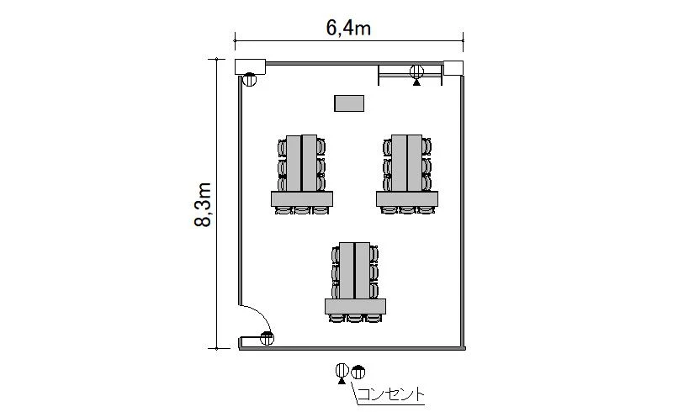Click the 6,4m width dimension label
pos(348,29)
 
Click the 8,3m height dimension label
pos(203,204)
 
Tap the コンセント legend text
pos(390,394)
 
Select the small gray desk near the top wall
pos(349,103)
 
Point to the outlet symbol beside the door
pos(267,339)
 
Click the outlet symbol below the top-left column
pos(249,79)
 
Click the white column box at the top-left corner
pos(250,66)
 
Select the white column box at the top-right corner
pos(453,68)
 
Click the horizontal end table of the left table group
pos(302,198)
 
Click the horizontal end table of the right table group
pos(407,198)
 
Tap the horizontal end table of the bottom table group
pos(355,306)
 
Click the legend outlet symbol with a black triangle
pos(342,373)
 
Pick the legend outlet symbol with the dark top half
pos(358,372)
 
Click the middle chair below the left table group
pos(302,210)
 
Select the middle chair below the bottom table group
pos(355,318)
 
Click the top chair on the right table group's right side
pos(427,147)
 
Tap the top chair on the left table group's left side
pos(282,148)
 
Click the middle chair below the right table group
pos(407,210)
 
